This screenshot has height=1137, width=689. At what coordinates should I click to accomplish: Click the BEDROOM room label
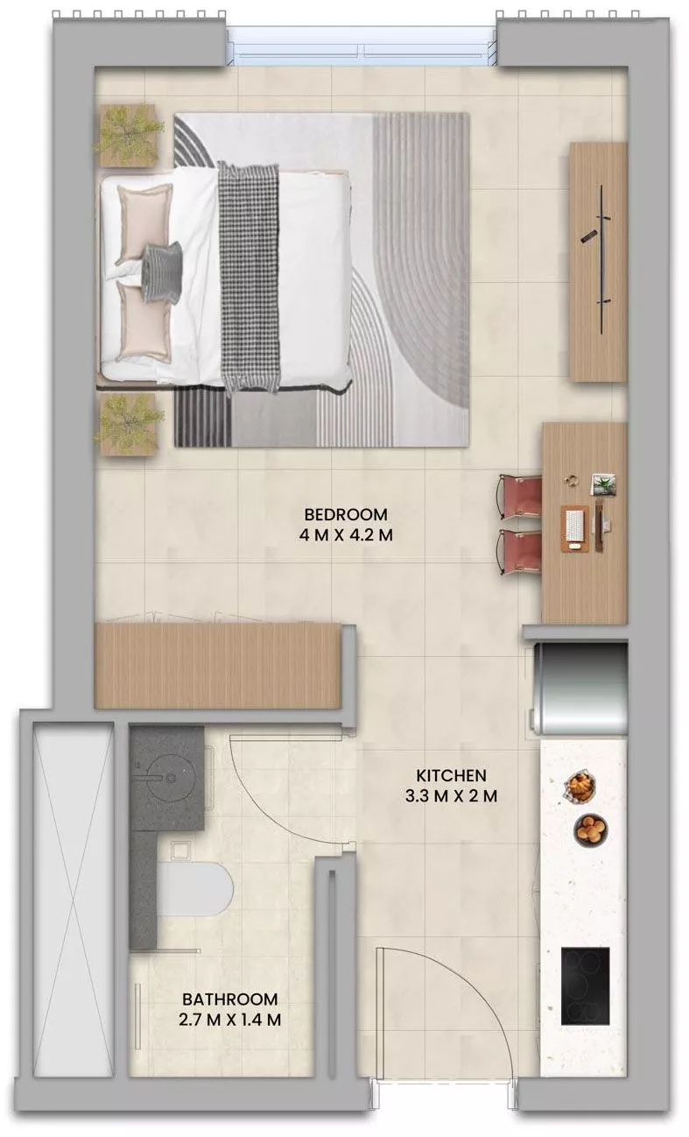tap(344, 514)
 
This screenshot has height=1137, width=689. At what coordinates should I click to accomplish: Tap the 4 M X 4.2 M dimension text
tap(344, 535)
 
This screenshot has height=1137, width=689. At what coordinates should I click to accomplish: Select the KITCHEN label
tap(451, 775)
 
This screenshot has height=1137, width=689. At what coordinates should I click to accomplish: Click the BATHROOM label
tap(230, 999)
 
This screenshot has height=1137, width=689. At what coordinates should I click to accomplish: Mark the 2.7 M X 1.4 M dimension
tap(230, 1020)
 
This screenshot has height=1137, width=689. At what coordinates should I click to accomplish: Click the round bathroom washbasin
tap(167, 773)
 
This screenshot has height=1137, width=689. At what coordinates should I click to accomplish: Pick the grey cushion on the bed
tap(161, 272)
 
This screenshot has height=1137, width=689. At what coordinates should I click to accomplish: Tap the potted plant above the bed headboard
tap(129, 134)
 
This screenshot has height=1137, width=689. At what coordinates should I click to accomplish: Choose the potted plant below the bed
tap(128, 423)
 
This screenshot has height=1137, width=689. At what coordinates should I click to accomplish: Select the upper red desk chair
tap(521, 496)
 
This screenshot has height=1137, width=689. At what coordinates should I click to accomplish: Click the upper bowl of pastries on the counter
tap(579, 786)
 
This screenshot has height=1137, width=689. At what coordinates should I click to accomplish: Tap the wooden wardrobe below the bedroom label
tap(217, 665)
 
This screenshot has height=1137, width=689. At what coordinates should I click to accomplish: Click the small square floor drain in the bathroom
tap(181, 849)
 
